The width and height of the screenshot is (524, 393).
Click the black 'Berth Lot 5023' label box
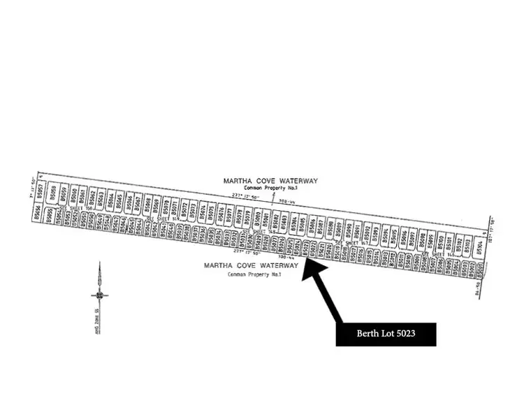click(x=386, y=334)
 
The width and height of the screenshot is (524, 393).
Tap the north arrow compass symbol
click(x=100, y=294)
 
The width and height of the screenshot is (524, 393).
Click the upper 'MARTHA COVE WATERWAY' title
click(x=270, y=181)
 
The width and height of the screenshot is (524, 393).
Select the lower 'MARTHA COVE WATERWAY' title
click(x=251, y=266)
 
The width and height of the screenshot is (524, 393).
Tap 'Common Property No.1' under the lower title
click(x=254, y=274)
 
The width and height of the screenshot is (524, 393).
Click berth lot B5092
click(x=366, y=232)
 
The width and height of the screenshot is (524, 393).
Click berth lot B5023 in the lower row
click(x=305, y=250)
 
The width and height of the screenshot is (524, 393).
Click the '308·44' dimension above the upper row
click(x=284, y=202)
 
